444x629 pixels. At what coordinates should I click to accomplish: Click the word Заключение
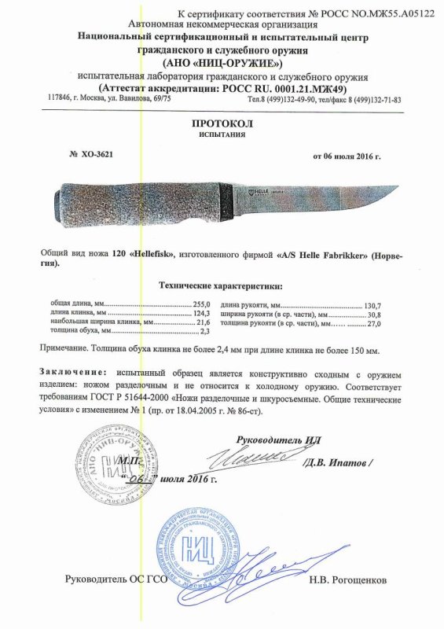point(72,370)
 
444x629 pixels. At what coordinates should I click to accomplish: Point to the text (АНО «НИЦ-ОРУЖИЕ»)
point(223,63)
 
